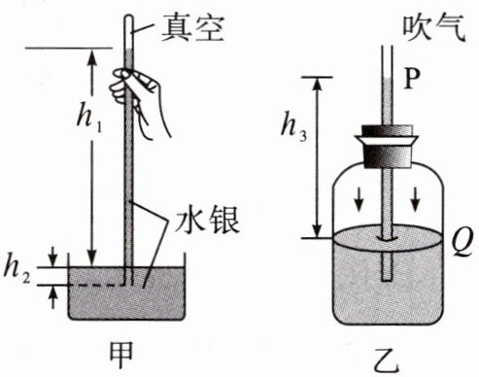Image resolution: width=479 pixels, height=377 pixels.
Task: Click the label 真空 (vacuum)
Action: tap(192, 28)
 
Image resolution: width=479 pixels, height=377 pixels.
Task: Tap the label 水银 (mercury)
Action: tap(207, 221)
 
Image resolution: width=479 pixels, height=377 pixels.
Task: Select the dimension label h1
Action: tap(89, 118)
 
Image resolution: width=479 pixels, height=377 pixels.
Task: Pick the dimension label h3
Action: tap(293, 127)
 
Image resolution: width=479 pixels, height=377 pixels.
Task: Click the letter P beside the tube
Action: tap(412, 79)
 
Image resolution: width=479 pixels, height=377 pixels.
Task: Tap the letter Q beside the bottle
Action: tap(464, 242)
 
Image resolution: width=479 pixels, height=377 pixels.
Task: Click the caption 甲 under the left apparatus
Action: tap(121, 356)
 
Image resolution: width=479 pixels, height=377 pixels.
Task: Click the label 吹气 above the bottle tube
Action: tap(434, 28)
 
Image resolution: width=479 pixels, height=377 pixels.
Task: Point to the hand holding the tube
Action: tap(139, 97)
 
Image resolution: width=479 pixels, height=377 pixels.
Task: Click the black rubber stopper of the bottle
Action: tap(389, 147)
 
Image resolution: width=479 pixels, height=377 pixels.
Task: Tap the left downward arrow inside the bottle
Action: tap(359, 200)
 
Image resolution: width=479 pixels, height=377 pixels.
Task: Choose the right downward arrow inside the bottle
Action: tap(416, 200)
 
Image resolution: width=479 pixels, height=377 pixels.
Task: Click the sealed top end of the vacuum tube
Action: tap(129, 17)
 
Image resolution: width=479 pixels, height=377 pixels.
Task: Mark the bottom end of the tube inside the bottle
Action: tap(387, 280)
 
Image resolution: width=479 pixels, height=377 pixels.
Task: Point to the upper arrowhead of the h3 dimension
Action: tap(318, 83)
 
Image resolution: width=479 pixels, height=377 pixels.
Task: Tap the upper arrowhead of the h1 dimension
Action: tap(92, 55)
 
